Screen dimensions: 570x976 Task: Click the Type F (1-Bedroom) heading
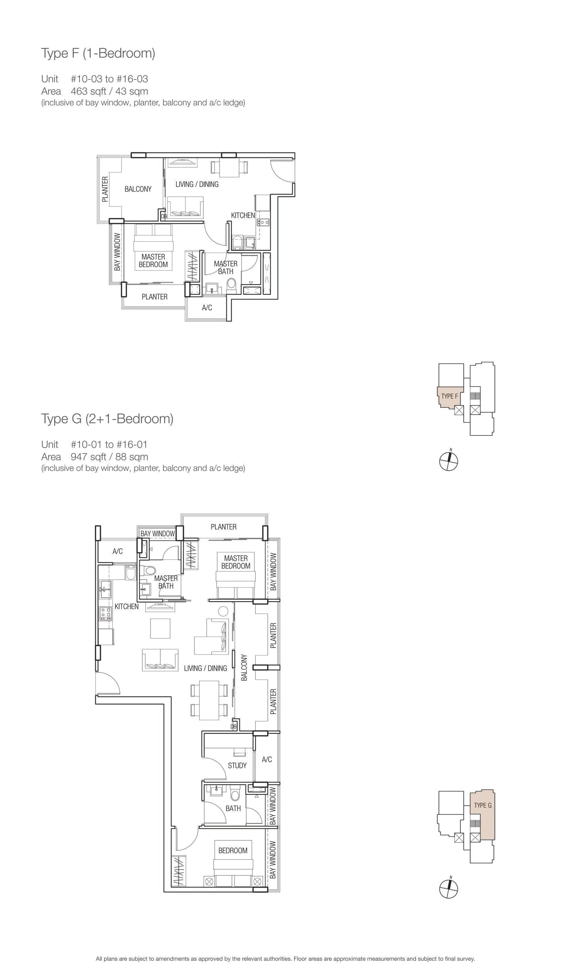[x=98, y=53]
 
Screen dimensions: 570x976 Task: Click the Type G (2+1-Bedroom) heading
[x=107, y=419]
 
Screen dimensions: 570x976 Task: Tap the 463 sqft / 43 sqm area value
[x=109, y=92]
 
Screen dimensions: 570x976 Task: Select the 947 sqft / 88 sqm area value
[x=109, y=457]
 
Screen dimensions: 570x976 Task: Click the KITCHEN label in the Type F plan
[x=243, y=216]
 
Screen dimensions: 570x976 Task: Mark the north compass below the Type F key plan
[x=449, y=461]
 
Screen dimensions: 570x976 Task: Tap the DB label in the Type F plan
[x=164, y=217]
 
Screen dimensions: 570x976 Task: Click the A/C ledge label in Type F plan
[x=207, y=307]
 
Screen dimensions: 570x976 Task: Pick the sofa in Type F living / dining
[x=185, y=207]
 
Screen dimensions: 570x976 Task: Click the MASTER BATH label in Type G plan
[x=166, y=582]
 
